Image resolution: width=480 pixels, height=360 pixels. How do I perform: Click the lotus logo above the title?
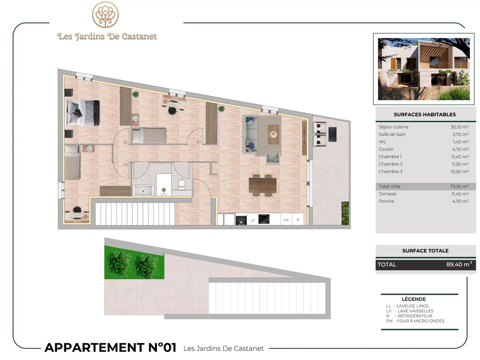[105, 14]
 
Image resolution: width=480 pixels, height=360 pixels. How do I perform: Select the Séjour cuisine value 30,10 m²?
[459, 126]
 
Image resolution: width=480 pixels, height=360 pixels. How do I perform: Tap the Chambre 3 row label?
[390, 171]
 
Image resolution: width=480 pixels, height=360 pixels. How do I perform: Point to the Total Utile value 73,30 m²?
[459, 186]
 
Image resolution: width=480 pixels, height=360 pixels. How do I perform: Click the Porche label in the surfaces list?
[386, 201]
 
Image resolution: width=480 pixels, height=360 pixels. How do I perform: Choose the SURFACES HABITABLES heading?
[424, 114]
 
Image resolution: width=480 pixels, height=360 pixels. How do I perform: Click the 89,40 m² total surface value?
[459, 264]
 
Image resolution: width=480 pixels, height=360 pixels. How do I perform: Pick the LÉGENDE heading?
[413, 299]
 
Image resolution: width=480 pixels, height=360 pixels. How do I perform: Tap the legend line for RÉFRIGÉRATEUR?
[409, 316]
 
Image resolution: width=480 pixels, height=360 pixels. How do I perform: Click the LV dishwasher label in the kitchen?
[253, 220]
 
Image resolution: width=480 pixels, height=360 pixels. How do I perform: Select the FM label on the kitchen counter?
[286, 220]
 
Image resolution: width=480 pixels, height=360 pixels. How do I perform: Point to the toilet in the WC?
[181, 184]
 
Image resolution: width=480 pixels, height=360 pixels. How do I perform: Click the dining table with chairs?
[262, 185]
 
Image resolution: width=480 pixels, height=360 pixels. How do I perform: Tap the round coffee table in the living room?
[273, 134]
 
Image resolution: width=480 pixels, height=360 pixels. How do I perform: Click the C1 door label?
[199, 142]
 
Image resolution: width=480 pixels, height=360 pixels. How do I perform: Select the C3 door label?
[125, 164]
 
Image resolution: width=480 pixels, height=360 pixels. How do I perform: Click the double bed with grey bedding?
[82, 113]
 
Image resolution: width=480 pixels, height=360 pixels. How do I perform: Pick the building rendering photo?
[423, 69]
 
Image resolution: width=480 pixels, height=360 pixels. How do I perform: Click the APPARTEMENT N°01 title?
[110, 348]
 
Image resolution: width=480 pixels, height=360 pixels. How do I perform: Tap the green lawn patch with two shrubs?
[134, 262]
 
